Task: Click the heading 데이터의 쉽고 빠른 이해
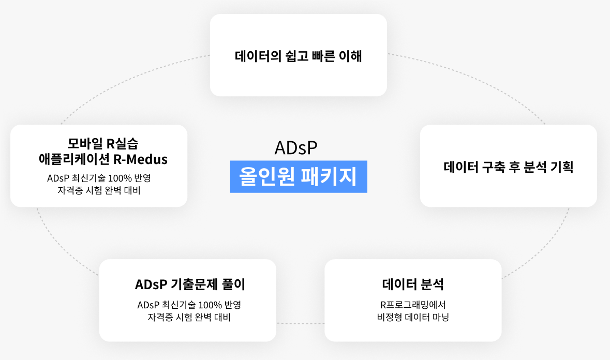[299, 56]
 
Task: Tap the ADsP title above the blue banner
[296, 148]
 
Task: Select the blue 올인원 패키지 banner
[299, 176]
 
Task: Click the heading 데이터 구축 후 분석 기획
[509, 167]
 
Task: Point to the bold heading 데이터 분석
[413, 284]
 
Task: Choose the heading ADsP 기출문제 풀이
[190, 284]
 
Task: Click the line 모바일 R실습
[103, 143]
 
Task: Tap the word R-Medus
[140, 159]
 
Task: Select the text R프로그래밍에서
[413, 305]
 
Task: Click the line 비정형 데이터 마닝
[413, 317]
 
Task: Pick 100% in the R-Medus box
[120, 178]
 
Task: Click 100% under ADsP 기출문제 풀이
[210, 305]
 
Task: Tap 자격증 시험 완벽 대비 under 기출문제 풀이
[189, 317]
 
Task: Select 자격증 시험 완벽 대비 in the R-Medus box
[99, 190]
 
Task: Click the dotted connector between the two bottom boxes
[300, 323]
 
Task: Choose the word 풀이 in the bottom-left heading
[233, 284]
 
